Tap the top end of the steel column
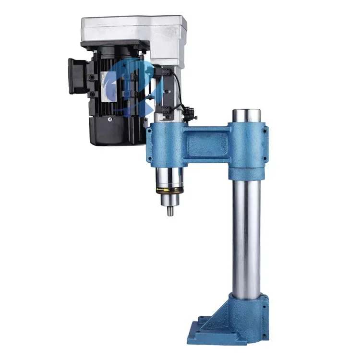[247, 116]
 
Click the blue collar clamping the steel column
[248, 149]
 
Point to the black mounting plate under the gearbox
[115, 46]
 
